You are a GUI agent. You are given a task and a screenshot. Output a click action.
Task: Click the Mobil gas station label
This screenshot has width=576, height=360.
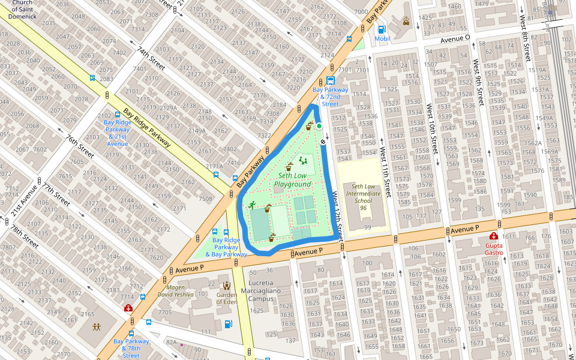pos(382,38)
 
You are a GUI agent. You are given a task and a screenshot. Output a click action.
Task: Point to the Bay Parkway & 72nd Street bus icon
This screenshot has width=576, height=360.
pos(330,81)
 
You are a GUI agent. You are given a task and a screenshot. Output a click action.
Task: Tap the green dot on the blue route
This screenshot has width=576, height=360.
pos(319,126)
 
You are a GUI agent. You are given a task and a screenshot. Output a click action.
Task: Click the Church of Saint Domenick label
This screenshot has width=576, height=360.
pos(22,9)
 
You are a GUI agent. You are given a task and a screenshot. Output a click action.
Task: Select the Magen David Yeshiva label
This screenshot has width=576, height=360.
pos(175,291)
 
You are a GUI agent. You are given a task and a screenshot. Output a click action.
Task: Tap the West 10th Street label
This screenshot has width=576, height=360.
pos(430,126)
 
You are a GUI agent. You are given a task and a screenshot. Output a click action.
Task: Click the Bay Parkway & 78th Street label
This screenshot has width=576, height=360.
pos(131,349)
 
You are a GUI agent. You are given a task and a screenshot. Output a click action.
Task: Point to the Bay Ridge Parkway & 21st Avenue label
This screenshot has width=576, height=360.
pos(117,133)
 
